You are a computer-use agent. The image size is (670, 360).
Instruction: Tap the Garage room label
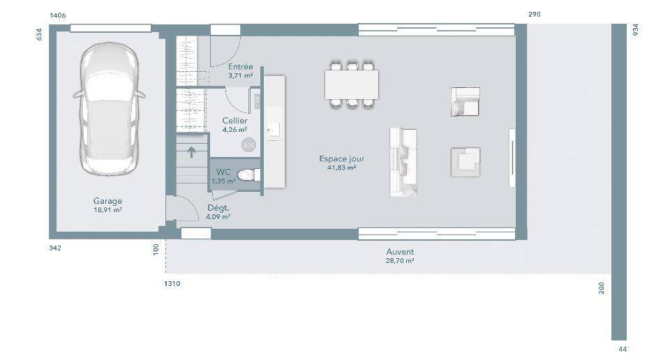pyautogui.click(x=107, y=201)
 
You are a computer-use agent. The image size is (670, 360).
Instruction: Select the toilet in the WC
pyautogui.click(x=249, y=174)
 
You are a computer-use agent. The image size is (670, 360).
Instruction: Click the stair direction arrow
pyautogui.click(x=191, y=151)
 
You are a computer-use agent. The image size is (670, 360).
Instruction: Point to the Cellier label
pyautogui.click(x=234, y=121)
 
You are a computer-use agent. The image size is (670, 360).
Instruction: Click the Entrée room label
pyautogui.click(x=241, y=66)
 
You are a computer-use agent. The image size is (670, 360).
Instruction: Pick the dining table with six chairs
pyautogui.click(x=352, y=84)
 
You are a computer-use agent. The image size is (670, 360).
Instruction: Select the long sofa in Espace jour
pyautogui.click(x=403, y=163)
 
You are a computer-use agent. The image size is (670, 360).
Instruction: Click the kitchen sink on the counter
pyautogui.click(x=274, y=130)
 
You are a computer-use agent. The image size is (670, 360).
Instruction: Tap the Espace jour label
pyautogui.click(x=342, y=158)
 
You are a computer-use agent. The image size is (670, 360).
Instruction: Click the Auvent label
pyautogui.click(x=400, y=252)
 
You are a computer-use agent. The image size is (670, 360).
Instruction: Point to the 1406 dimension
pyautogui.click(x=58, y=15)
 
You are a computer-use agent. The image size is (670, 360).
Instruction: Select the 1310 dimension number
pyautogui.click(x=172, y=283)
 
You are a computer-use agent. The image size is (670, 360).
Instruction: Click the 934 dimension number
pyautogui.click(x=635, y=29)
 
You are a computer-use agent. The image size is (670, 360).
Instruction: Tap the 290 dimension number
pyautogui.click(x=535, y=14)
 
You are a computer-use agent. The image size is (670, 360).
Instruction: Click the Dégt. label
pyautogui.click(x=218, y=208)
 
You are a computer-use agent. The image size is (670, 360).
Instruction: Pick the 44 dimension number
pyautogui.click(x=623, y=350)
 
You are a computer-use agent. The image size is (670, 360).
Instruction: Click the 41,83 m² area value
pyautogui.click(x=342, y=168)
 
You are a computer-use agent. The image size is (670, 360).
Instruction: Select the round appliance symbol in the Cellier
pyautogui.click(x=248, y=145)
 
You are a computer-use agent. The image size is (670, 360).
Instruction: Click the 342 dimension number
pyautogui.click(x=55, y=248)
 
